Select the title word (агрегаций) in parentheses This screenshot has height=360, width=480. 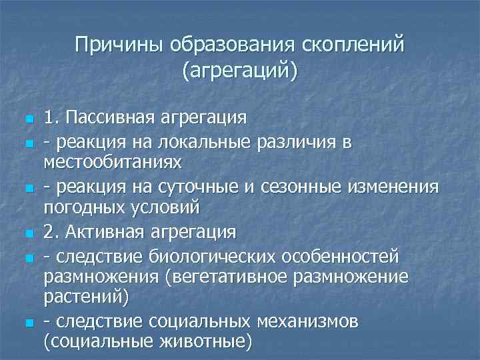[239, 69]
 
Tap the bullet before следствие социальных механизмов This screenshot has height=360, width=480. [27, 323]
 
